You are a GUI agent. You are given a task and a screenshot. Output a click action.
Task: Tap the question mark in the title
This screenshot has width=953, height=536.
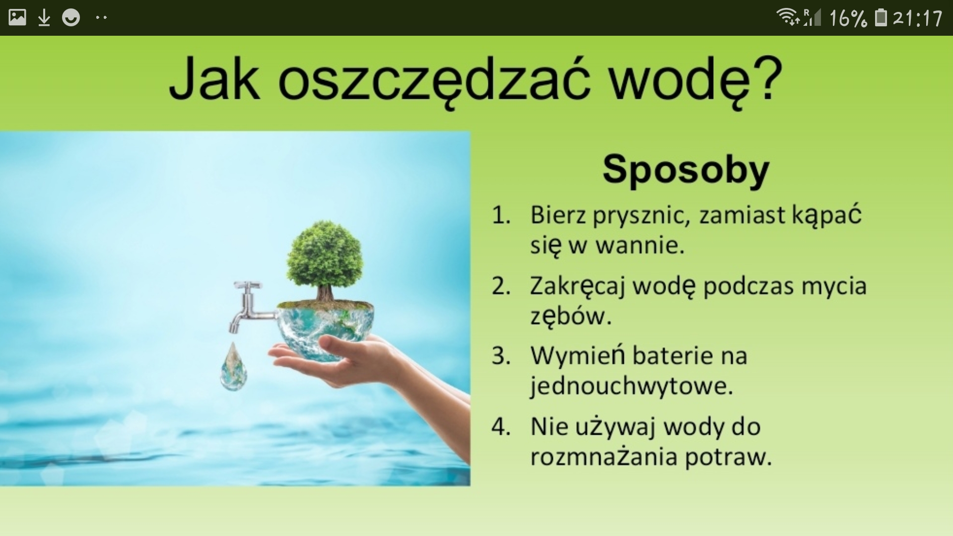pos(767,77)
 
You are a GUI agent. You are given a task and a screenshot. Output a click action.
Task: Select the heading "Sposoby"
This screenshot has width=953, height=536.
pos(685,170)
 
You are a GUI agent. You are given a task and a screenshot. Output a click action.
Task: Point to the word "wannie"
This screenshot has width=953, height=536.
pos(640,245)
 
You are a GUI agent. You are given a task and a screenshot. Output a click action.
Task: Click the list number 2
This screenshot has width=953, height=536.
pos(501,286)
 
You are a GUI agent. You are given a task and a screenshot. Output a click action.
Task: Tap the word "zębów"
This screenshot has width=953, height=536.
pos(571,316)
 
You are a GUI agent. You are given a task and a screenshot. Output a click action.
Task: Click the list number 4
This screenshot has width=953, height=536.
pos(501,427)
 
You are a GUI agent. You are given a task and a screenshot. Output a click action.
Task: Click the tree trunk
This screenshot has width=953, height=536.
pos(326,292)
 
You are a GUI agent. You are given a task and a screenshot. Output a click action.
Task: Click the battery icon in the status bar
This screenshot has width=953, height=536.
pos(881,17)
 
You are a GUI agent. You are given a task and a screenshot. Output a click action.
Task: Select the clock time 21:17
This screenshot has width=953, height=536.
pos(918,18)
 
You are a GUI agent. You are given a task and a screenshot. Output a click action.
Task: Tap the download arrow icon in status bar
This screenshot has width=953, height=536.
pos(44,18)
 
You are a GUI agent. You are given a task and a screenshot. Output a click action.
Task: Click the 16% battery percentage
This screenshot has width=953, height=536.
pos(848,18)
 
